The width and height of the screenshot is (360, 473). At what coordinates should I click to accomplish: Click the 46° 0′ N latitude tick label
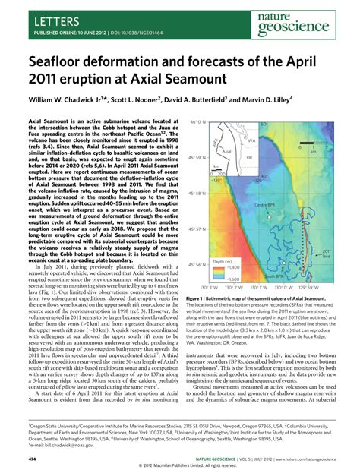click(198, 122)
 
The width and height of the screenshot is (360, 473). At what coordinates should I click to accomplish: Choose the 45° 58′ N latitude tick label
click(198, 193)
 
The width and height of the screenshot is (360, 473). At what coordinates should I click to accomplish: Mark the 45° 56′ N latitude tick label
click(198, 265)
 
